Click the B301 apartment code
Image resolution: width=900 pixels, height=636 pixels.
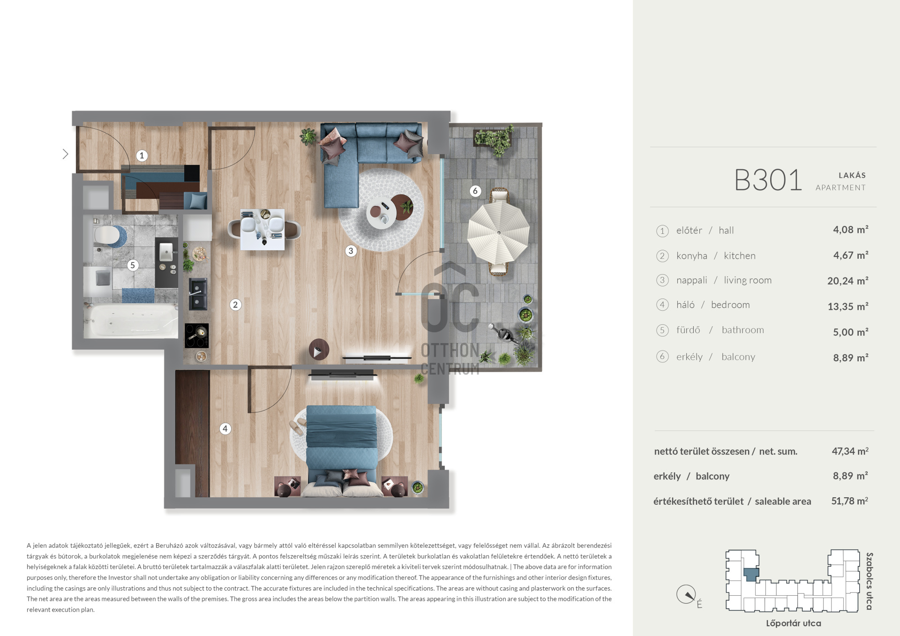click(x=768, y=180)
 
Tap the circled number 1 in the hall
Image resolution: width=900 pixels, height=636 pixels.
click(x=142, y=156)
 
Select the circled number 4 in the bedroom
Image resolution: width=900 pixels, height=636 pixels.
click(x=225, y=428)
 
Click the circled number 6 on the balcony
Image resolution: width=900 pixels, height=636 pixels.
click(x=475, y=191)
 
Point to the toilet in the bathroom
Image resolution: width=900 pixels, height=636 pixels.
click(x=107, y=236)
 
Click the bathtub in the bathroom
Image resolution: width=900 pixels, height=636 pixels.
click(x=130, y=321)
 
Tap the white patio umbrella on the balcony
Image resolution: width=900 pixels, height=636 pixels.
click(x=498, y=232)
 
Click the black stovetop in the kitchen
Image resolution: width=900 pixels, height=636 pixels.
click(x=197, y=336)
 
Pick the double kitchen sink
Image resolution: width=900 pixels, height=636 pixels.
click(x=197, y=294)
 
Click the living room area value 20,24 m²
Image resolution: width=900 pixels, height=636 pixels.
click(x=847, y=281)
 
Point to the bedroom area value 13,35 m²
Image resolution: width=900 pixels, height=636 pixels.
click(x=847, y=307)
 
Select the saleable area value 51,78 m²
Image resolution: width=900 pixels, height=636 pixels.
click(x=849, y=501)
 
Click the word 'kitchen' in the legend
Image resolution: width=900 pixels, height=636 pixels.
click(x=740, y=256)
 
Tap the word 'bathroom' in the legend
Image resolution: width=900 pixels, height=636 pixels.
click(x=743, y=330)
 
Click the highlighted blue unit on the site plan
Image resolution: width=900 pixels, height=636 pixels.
click(x=751, y=574)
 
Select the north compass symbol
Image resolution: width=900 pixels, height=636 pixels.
click(x=686, y=594)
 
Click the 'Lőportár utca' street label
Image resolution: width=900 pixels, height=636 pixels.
click(x=794, y=623)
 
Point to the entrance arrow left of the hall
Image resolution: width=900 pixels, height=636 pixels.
click(x=65, y=154)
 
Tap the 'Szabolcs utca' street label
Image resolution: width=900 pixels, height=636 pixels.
click(x=870, y=581)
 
